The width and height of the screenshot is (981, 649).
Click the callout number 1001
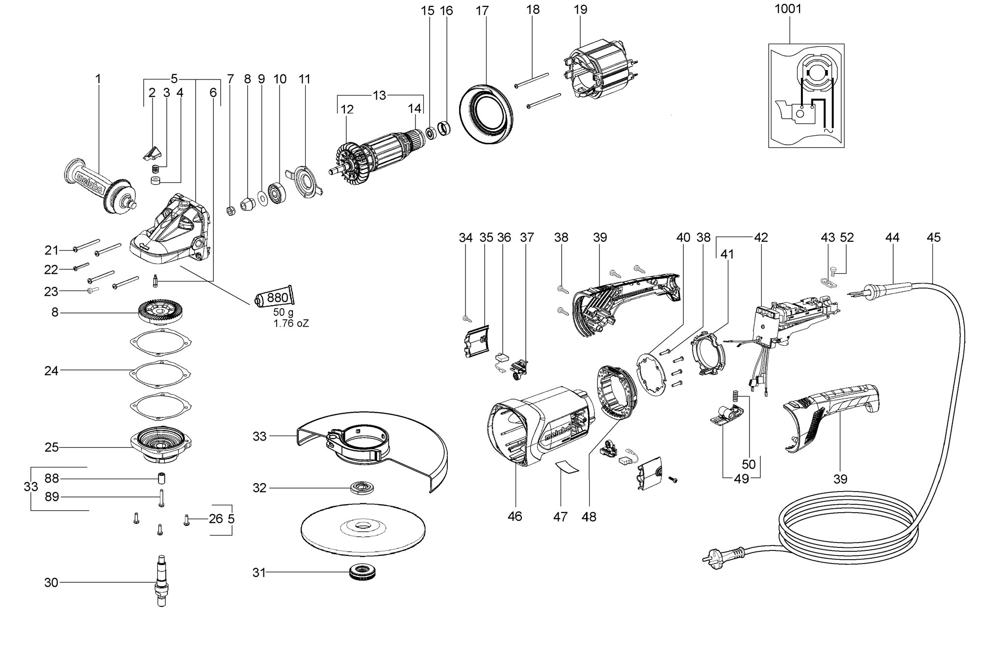pos(788,9)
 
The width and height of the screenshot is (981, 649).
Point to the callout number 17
pos(482,10)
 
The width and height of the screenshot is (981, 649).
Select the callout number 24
pos(51,370)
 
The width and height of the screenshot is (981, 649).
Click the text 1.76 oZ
pos(291,323)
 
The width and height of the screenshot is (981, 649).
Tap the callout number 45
pos(933,237)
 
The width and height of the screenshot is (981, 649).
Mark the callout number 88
pos(52,478)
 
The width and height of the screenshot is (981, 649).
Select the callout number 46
pos(515,516)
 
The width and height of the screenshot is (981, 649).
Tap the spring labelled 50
pos(735,395)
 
